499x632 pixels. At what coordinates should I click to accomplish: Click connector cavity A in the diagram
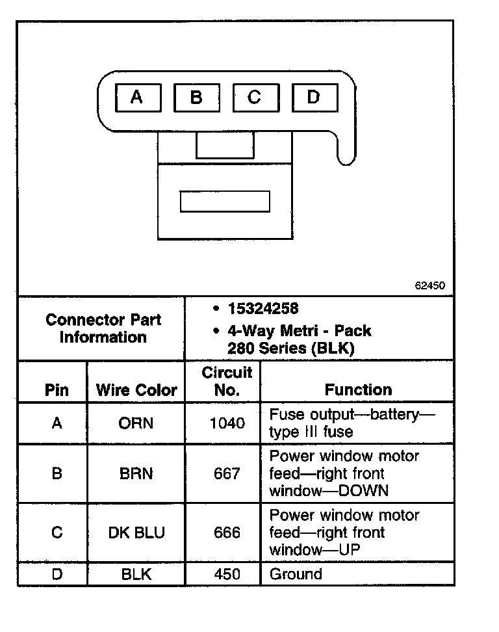coord(136,98)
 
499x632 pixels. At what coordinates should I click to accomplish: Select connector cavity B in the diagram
coord(196,98)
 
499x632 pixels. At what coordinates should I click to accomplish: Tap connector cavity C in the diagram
coord(255,98)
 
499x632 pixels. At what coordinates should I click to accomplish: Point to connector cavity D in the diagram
coord(314,98)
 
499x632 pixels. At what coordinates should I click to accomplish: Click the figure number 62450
coord(430,285)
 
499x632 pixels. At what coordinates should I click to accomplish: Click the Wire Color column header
coord(136,390)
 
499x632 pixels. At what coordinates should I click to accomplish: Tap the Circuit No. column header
coord(227,382)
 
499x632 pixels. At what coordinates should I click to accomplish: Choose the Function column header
coord(358,389)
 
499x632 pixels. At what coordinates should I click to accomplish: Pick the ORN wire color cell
coord(136,423)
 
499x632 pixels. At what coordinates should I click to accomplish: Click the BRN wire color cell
coord(136,473)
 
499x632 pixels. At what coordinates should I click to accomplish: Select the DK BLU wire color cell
coord(136,533)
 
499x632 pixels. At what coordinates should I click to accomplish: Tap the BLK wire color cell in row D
coord(136,574)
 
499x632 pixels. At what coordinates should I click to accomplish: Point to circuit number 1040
coord(227,423)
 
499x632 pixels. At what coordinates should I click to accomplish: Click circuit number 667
coord(227,473)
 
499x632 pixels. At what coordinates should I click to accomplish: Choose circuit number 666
coord(227,533)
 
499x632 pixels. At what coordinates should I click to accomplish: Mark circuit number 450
coord(227,574)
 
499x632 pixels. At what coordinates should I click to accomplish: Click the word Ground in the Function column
coord(296,574)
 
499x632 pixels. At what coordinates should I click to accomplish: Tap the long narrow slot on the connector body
coord(225,201)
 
